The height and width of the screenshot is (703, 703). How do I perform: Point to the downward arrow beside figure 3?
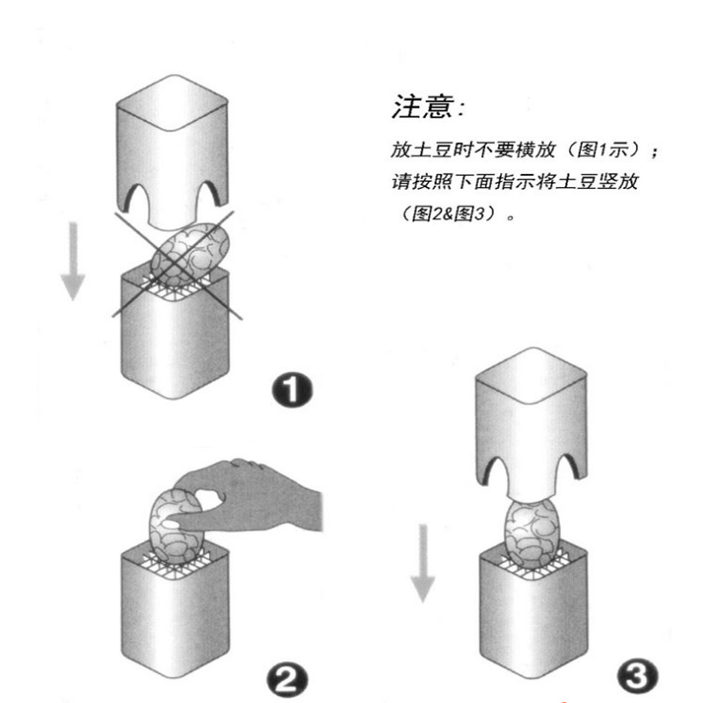coord(424,562)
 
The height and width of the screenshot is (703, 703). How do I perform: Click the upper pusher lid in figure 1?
coord(171,149)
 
